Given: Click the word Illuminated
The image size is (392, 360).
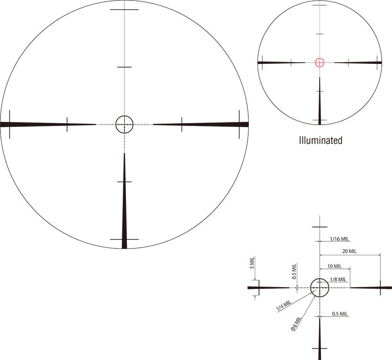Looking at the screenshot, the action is coord(321,141).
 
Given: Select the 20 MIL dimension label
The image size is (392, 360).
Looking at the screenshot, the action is coord(349,251).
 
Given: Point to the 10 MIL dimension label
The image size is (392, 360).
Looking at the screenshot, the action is coord(334,266).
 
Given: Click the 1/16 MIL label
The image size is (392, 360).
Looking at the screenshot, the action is coord(339,239).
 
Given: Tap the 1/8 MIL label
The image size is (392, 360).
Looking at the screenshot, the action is coord(338,279).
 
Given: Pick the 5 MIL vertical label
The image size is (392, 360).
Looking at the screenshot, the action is coord(252,263).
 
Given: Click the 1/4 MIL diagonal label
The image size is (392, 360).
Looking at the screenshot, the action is coord(284,306).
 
